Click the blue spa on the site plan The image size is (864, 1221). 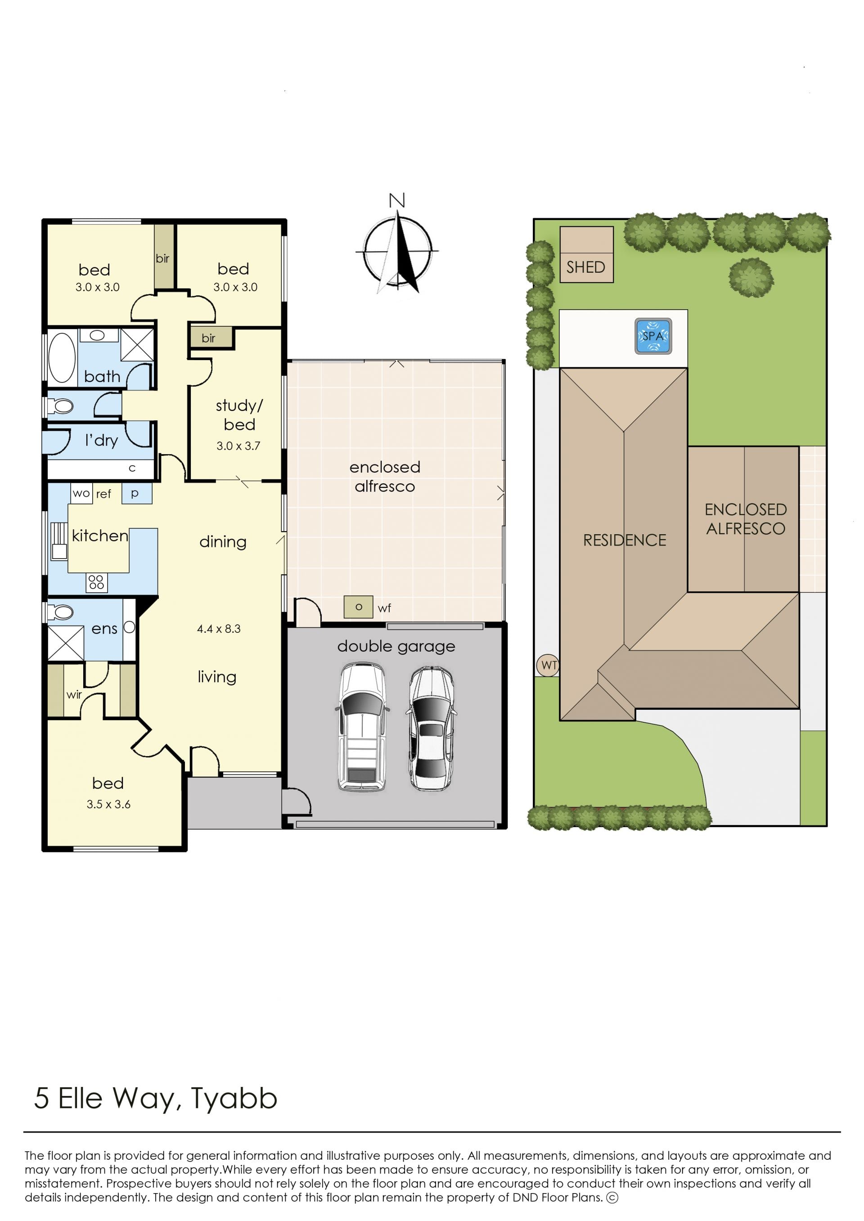[x=653, y=336]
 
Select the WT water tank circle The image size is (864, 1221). [x=548, y=665]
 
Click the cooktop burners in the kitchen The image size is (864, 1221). [x=96, y=582]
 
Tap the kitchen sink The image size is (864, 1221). [x=58, y=541]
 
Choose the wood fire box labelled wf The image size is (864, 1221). [x=358, y=607]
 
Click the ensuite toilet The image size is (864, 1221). [x=60, y=612]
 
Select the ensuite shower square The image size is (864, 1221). [x=66, y=644]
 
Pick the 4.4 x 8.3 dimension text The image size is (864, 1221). [x=219, y=629]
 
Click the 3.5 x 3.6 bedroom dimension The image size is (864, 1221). [x=108, y=804]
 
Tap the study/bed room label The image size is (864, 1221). [x=239, y=415]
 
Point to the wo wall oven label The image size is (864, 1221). [x=81, y=493]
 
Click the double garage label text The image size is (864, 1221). [x=396, y=646]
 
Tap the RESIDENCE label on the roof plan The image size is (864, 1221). [x=625, y=541]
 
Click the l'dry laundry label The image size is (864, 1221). [x=101, y=440]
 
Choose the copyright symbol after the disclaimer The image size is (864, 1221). [x=612, y=1198]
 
